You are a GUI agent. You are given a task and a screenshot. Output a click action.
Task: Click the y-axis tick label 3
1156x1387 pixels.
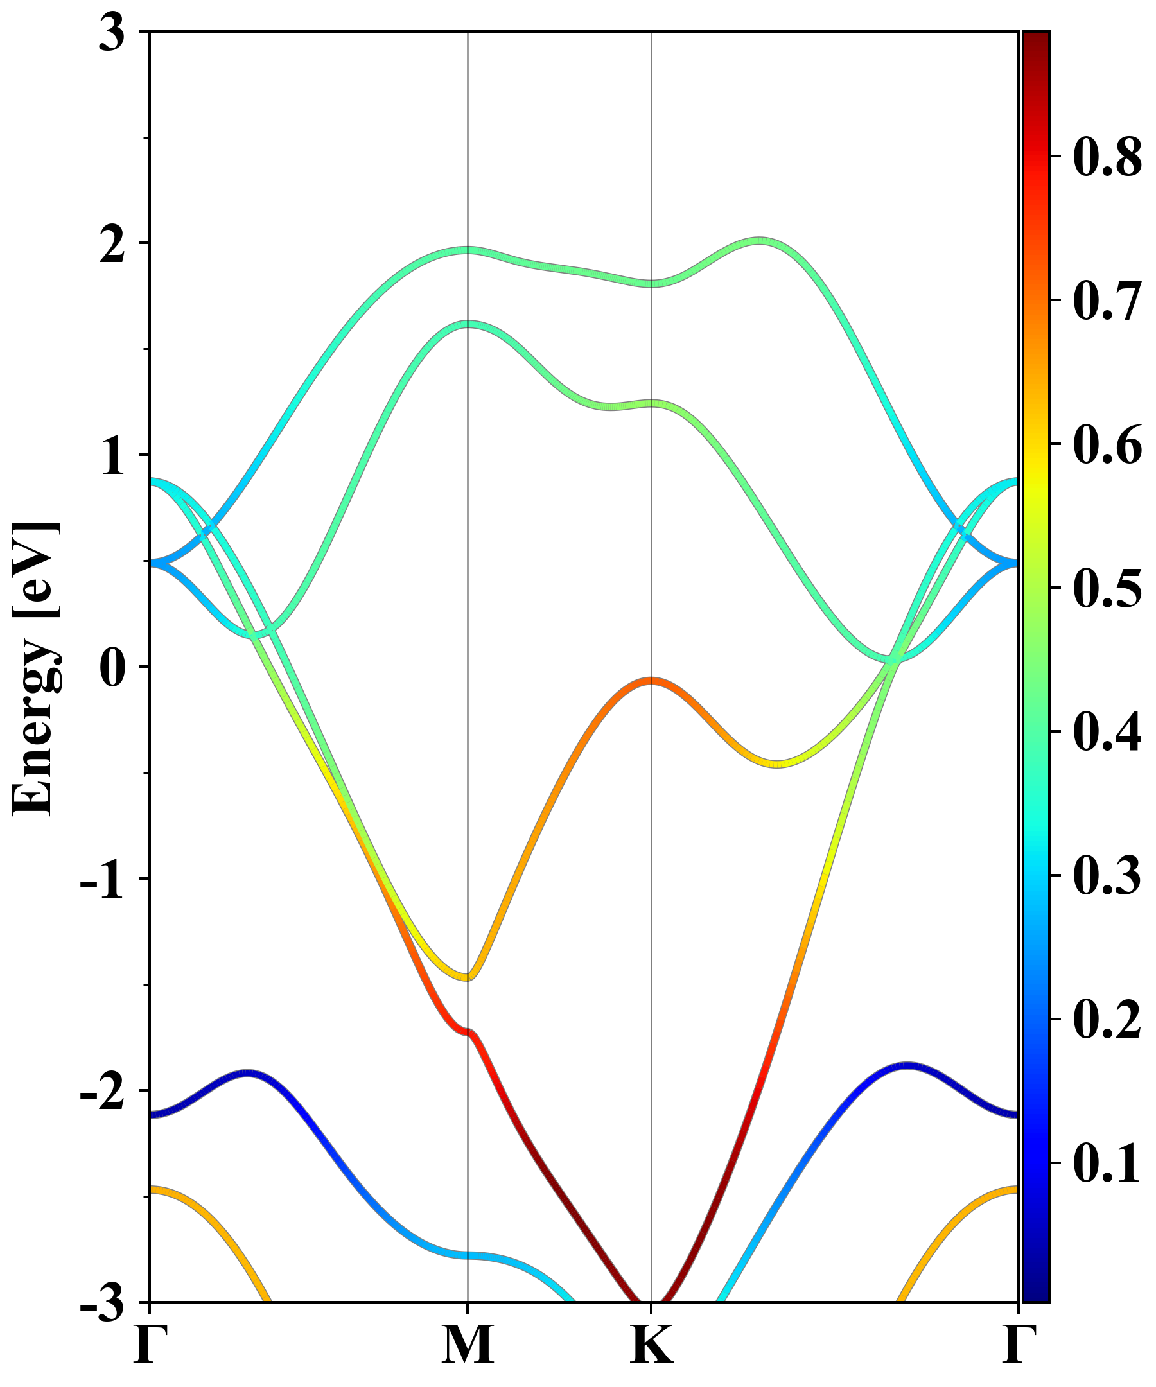pos(112,33)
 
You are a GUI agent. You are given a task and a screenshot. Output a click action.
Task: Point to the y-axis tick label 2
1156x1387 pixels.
pos(112,246)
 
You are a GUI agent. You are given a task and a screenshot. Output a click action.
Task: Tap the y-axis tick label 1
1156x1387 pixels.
pos(112,457)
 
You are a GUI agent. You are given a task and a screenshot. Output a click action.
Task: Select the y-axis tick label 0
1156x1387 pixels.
pos(112,668)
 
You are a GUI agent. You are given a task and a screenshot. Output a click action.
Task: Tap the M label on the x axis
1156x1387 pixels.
pos(468,1346)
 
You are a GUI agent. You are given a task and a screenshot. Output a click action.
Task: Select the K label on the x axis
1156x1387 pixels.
pos(652,1346)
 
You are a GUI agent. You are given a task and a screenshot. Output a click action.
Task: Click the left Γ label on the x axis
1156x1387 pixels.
pos(150,1346)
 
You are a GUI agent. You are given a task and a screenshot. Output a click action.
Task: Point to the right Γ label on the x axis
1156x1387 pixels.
pos(1018,1346)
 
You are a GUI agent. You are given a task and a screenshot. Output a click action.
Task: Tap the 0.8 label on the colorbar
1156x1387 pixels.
pos(1107,158)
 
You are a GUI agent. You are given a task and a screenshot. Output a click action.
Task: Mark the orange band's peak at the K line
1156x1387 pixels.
pos(652,681)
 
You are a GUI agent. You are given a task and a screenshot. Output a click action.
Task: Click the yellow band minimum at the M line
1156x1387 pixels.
pos(468,977)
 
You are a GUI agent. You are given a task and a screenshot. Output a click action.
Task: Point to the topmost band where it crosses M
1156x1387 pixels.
pos(468,250)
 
